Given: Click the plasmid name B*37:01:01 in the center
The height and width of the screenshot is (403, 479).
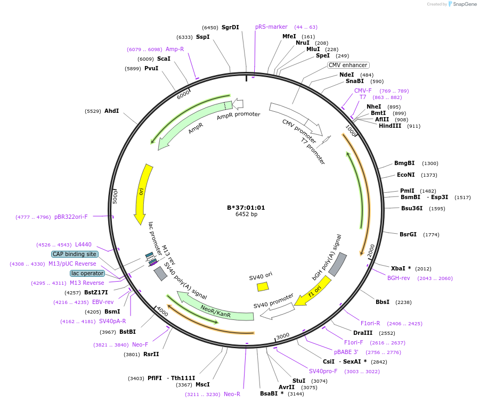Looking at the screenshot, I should coord(246,208).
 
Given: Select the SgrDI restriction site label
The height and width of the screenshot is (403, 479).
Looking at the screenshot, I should coord(230,27).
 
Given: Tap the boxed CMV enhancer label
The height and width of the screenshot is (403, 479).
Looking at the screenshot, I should coord(347,65).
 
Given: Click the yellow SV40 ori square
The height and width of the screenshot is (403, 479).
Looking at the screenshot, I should coord(263,286).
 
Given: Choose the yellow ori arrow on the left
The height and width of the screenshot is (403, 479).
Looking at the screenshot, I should coord(143,194).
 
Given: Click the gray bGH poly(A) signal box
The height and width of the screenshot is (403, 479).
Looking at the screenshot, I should coord(337,264).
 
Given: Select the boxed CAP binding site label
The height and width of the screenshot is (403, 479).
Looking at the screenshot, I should coord(75,254).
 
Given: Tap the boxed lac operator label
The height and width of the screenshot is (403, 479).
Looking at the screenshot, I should coord(87,273).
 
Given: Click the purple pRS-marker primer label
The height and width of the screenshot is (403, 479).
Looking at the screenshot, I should coord(271,27).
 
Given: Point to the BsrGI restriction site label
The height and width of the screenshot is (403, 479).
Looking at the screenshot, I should coord(409,234).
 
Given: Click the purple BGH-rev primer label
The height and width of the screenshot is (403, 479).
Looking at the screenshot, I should coord(399,278).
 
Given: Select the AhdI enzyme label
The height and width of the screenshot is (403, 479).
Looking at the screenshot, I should coord(111,111).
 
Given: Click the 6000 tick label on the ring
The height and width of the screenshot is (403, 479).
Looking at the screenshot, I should coord(183,94).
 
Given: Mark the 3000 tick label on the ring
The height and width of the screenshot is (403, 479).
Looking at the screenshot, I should coord(282,335).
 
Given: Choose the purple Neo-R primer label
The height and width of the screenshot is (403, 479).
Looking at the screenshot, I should coord(232,394).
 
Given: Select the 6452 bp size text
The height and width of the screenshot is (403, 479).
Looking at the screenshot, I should coord(246,215).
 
